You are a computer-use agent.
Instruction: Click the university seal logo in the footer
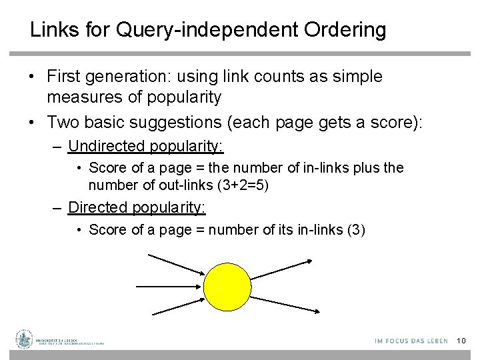pos(24,339)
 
